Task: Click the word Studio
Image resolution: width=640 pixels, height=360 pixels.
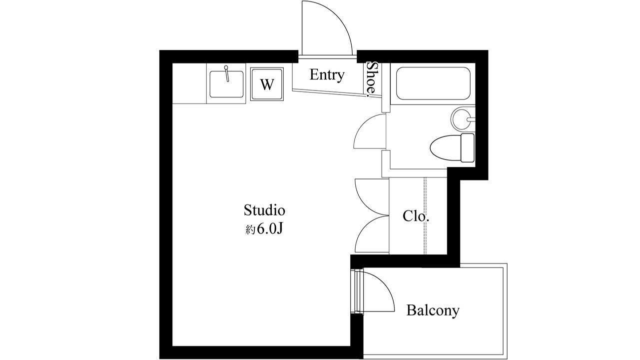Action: (264, 209)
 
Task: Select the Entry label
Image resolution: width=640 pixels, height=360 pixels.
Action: (327, 75)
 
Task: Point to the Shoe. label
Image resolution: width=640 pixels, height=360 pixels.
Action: (371, 78)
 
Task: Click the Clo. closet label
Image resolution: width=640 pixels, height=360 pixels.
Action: (416, 216)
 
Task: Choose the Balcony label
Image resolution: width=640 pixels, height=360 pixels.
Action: (432, 310)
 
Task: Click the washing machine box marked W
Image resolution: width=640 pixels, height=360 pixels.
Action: (267, 84)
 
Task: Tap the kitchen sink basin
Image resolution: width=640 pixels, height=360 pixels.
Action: (226, 84)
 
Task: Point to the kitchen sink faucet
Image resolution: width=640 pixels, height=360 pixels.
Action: (227, 73)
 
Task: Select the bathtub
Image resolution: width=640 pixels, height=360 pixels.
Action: (433, 83)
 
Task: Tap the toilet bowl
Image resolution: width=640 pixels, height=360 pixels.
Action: (445, 147)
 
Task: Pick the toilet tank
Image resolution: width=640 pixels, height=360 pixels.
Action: (467, 147)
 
